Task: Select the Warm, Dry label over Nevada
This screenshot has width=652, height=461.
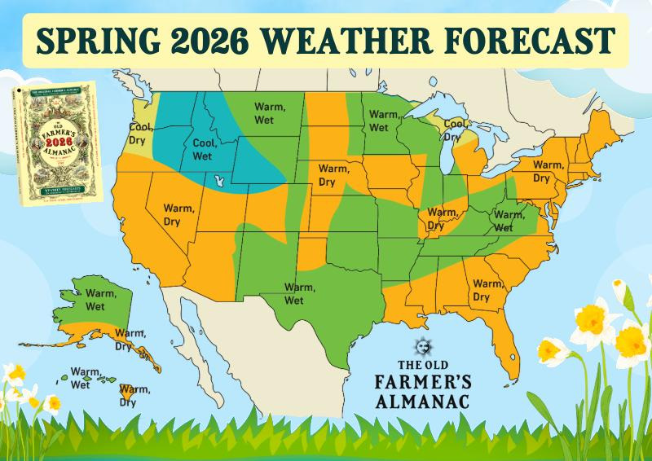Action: pyautogui.click(x=179, y=214)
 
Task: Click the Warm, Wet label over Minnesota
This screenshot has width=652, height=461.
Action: pyautogui.click(x=379, y=121)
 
